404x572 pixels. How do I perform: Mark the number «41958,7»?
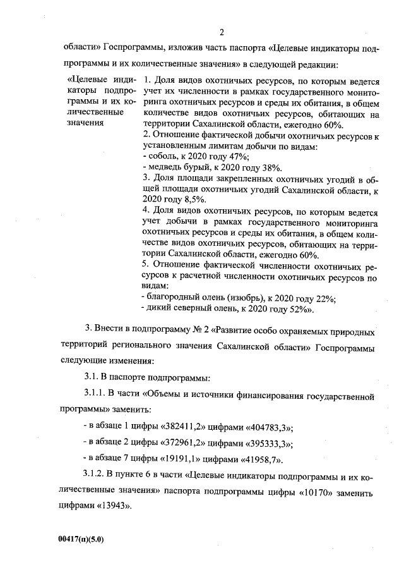pos(260,459)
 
